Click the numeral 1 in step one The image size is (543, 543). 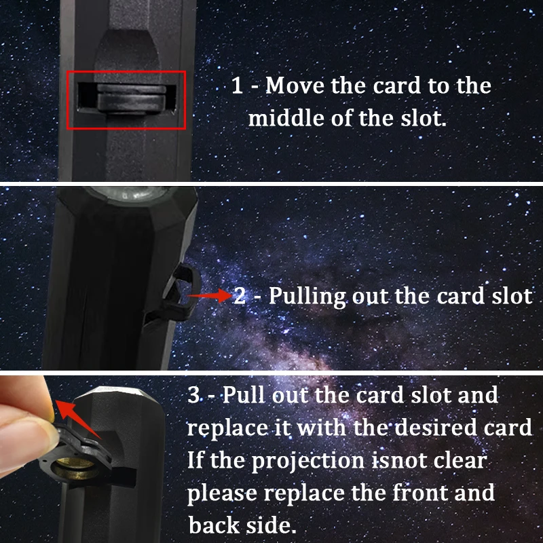(x=237, y=86)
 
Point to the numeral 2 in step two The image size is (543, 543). (x=240, y=297)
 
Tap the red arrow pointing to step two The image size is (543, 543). (x=210, y=296)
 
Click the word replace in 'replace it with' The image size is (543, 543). (x=226, y=428)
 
